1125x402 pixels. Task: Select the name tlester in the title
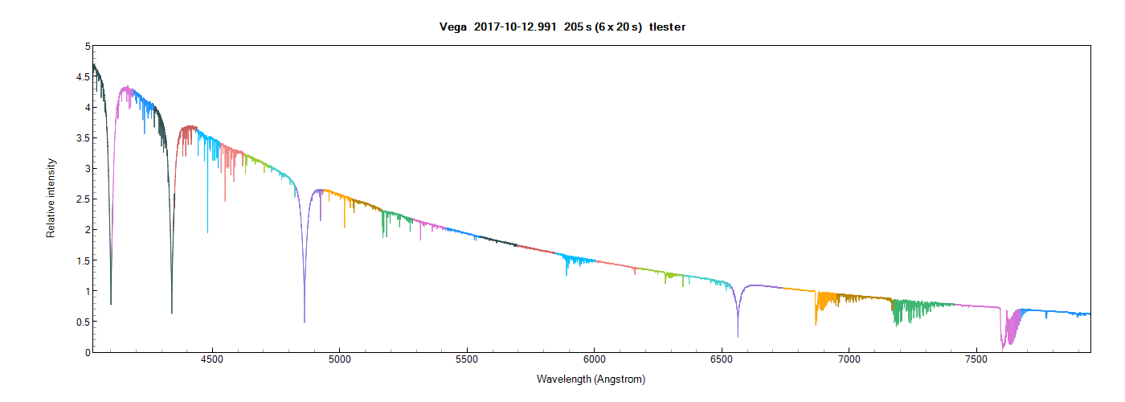point(667,27)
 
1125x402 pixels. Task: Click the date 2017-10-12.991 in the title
point(512,27)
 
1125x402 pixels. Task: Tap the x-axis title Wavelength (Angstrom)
point(591,379)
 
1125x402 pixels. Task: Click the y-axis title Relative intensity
point(51,197)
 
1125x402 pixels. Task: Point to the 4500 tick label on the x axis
point(212,361)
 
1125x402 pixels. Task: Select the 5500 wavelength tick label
point(466,361)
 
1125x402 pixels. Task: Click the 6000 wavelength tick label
point(594,361)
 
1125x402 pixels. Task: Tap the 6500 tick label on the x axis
point(721,361)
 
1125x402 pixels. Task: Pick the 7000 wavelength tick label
point(849,361)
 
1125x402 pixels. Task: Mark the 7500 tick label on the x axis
point(976,361)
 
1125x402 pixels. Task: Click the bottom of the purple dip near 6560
point(738,335)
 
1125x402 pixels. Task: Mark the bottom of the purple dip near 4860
point(305,321)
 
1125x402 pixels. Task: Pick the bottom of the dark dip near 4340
point(172,311)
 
